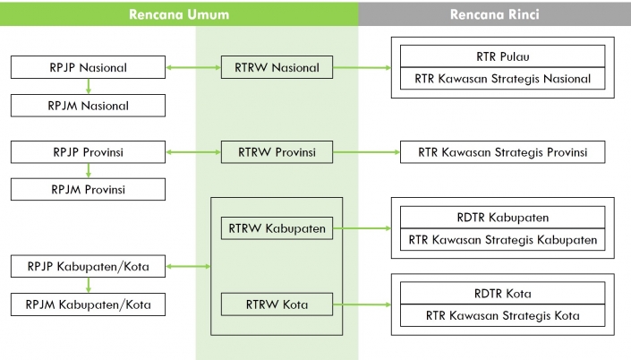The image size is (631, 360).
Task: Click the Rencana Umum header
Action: point(179,14)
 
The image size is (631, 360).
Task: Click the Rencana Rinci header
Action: point(494,14)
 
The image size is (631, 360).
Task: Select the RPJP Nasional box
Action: point(89,67)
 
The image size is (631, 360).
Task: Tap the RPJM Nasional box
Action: point(89,106)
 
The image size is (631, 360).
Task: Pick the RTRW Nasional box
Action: point(277,67)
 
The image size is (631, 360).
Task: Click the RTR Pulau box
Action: point(502,56)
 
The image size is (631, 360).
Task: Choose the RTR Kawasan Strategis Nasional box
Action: point(502,79)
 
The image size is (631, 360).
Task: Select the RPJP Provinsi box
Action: point(89,151)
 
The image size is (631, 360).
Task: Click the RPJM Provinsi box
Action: point(89,189)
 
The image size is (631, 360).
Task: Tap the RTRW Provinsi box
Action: point(277,151)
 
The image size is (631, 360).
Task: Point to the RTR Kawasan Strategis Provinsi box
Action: point(502,152)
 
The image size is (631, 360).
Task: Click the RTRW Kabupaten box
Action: point(277,228)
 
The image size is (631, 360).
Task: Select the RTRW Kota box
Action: point(277,304)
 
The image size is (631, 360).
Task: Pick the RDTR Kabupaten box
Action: point(502,218)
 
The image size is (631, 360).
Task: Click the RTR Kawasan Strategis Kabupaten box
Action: point(502,240)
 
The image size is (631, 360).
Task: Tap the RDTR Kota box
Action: point(502,293)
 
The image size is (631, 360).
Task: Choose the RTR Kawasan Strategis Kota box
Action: point(502,315)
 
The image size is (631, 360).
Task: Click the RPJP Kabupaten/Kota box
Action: point(89,266)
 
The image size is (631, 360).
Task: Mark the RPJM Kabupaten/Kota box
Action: point(89,304)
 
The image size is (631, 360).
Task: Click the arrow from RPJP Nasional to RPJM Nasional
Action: point(89,86)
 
